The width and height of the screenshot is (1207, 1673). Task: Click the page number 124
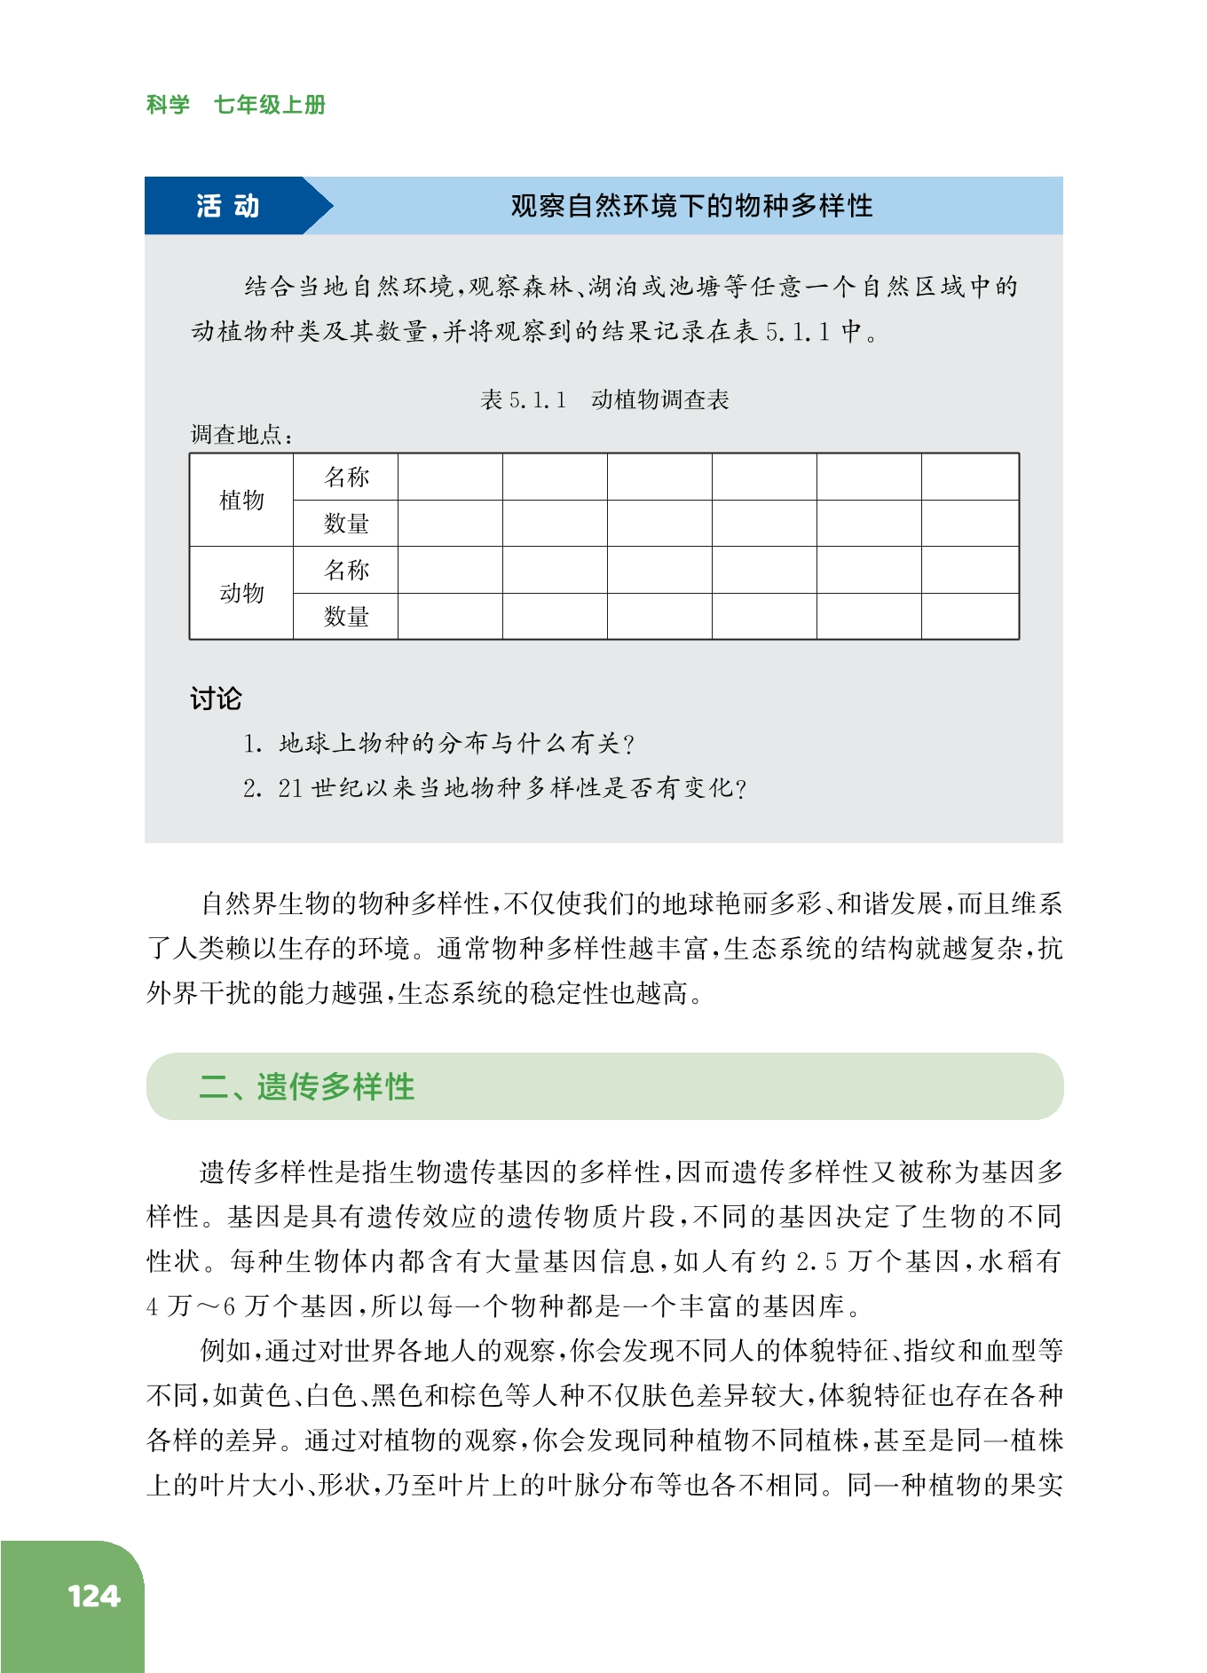coord(93,1597)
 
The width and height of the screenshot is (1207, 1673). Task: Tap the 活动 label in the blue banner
coord(227,206)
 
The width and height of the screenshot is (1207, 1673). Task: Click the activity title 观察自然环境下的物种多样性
coord(691,206)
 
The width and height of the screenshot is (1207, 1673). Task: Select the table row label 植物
coord(241,500)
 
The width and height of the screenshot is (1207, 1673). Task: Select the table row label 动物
coord(241,593)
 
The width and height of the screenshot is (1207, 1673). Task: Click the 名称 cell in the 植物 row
coord(346,477)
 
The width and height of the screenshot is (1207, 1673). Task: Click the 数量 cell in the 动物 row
coord(346,616)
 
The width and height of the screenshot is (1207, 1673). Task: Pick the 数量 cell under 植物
coord(346,524)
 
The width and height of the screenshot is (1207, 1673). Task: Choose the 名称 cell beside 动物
coord(346,570)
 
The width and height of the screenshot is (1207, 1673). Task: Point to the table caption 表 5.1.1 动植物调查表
coord(604,399)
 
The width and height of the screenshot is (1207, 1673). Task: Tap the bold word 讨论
coord(216,698)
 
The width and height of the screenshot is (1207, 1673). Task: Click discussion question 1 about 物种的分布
coord(439,743)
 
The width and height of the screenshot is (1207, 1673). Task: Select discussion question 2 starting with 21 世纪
coord(494,788)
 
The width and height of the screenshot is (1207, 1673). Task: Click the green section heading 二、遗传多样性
coord(307,1086)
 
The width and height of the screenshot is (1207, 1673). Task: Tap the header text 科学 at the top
coord(168,105)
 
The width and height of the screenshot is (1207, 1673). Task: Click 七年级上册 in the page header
coord(270,105)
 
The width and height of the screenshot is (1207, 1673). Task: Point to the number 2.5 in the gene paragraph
coord(816,1261)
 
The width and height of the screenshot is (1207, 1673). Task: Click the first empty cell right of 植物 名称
coord(450,477)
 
